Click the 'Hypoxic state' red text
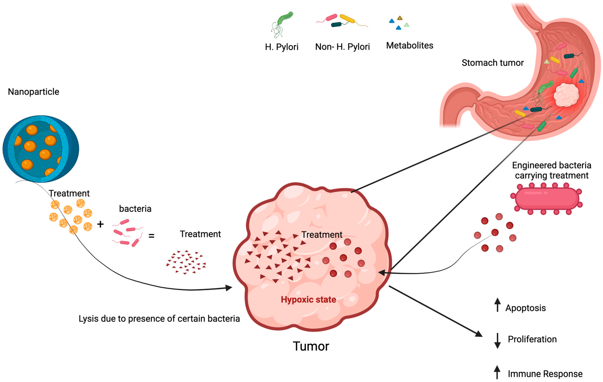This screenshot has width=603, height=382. pos(308,300)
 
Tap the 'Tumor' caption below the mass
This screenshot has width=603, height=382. pos(311,346)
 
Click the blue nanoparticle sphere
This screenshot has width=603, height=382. pos(41,149)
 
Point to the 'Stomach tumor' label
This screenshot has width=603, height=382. pos(492,63)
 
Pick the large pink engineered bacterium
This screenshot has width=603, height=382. pos(547,199)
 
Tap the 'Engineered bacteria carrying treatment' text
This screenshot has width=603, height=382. pos(551,170)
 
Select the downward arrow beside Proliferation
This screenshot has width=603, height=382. pos(497,341)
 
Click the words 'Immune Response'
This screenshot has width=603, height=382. pos(545,374)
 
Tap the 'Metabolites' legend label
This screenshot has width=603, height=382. pos(409,46)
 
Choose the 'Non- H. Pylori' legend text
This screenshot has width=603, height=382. pos(342,47)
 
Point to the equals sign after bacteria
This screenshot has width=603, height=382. pos(151,236)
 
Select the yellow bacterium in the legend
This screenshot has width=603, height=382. pos(347,19)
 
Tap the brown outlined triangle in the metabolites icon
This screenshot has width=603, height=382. pos(400,18)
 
